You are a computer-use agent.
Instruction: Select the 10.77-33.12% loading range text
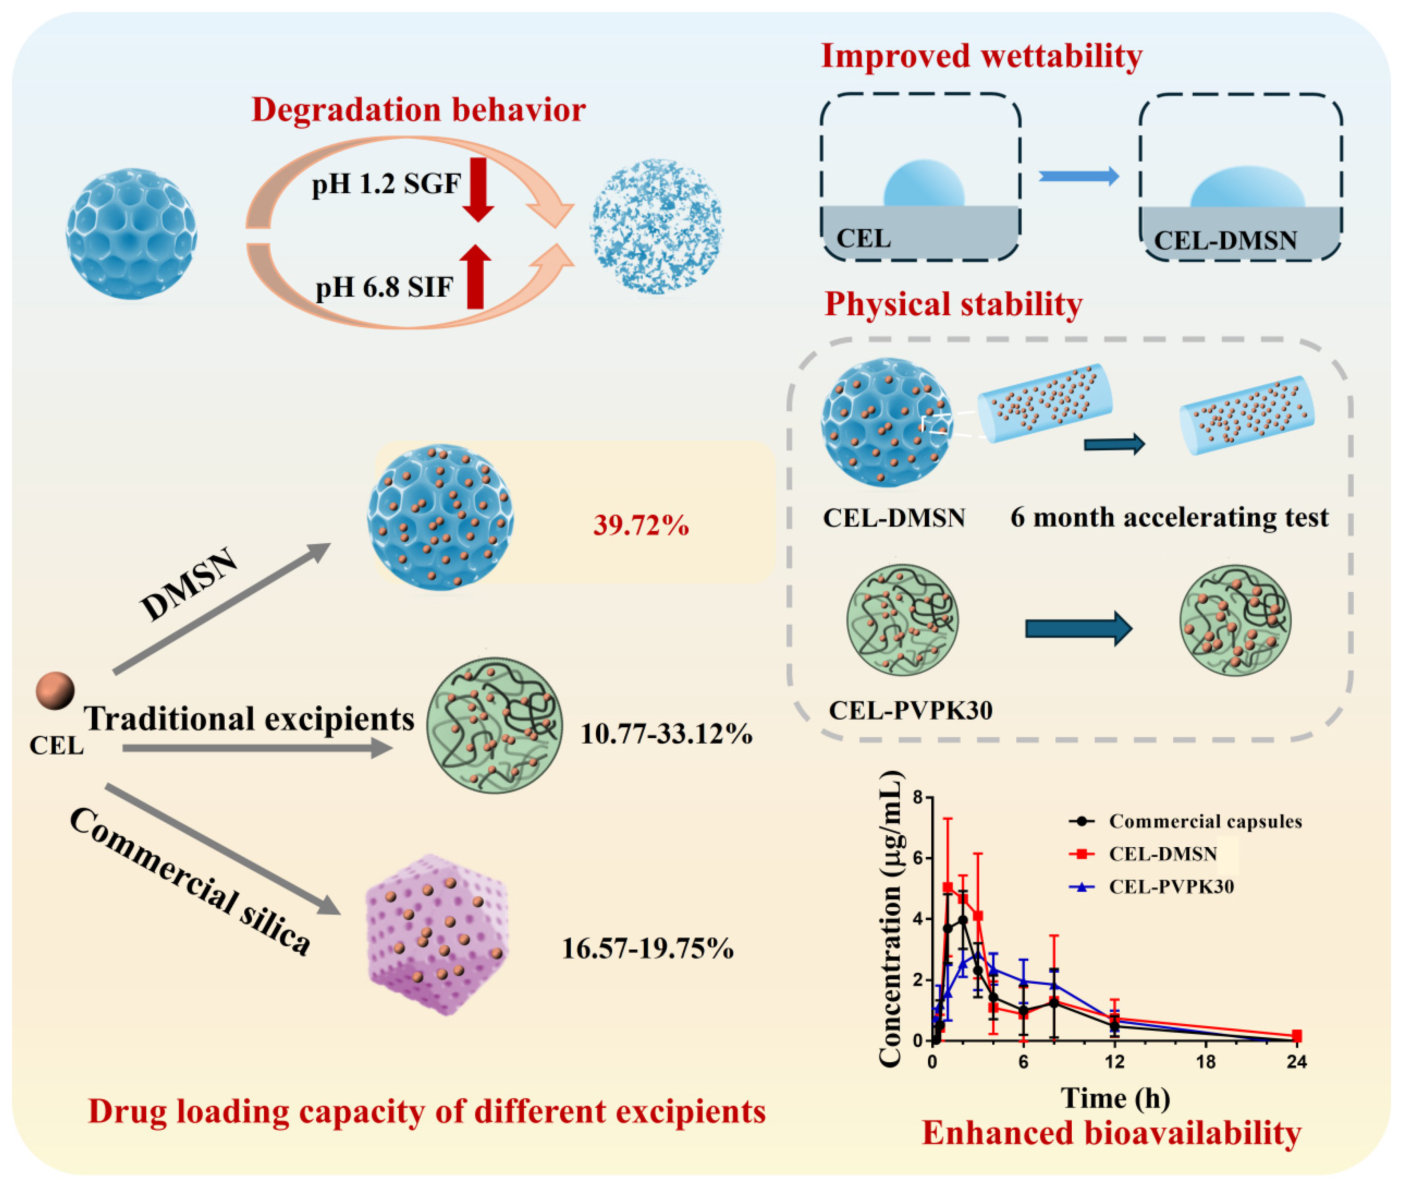(x=665, y=734)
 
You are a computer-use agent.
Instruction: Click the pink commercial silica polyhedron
(x=437, y=935)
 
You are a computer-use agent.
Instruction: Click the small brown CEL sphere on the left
(x=55, y=691)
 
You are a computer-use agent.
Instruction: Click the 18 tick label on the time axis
(x=1206, y=1062)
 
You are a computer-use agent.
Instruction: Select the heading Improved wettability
(x=981, y=56)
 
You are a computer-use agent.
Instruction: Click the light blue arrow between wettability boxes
(x=1078, y=177)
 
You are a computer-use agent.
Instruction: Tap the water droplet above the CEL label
(x=924, y=184)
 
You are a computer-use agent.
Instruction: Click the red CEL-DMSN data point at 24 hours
(x=1297, y=1036)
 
